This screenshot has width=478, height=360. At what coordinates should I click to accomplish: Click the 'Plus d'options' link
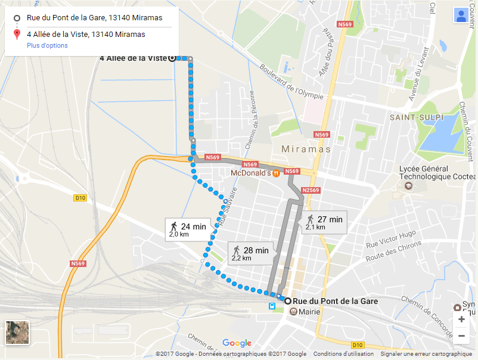[x=47, y=45]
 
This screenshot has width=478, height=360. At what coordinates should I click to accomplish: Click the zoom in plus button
[x=461, y=319]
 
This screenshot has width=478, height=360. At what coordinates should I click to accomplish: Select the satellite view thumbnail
[x=17, y=333]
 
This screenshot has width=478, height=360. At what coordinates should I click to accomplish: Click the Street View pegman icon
[x=461, y=15]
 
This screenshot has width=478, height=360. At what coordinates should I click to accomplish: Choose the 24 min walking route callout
[x=188, y=229]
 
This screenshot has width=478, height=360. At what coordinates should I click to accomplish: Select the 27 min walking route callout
[x=324, y=222]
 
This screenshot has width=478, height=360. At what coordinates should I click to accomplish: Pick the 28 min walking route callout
[x=250, y=253]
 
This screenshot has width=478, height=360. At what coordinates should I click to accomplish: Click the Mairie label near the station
[x=309, y=312]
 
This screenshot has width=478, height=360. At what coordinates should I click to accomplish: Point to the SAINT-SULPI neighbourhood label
[x=417, y=117]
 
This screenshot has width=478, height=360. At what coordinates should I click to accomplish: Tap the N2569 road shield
[x=311, y=191]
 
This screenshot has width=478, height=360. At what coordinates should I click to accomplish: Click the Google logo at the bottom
[x=237, y=343]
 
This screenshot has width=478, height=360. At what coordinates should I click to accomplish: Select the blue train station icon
[x=272, y=306]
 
